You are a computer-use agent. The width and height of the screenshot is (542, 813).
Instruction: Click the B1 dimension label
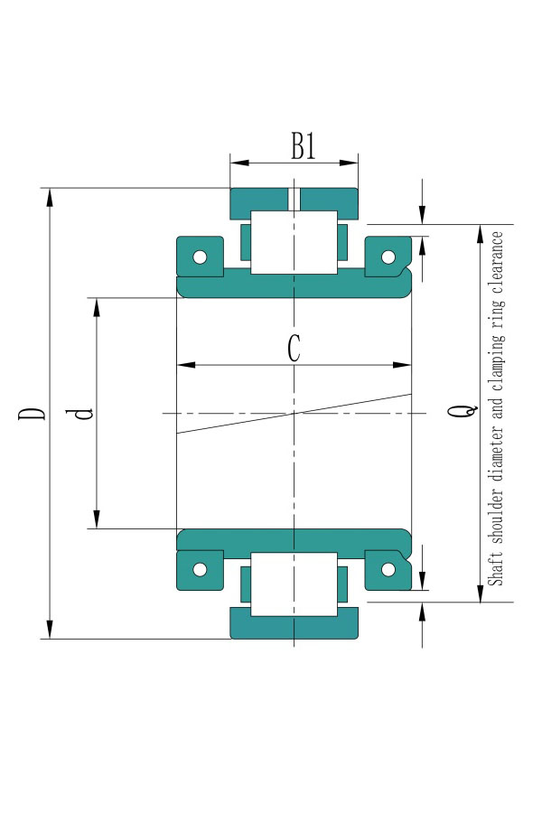click(x=303, y=145)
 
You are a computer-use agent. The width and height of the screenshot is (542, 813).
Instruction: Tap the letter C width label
click(x=294, y=348)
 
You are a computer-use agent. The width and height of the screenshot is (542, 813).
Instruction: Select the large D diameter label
click(x=32, y=413)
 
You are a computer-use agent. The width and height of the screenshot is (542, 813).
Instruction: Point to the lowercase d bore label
click(x=79, y=413)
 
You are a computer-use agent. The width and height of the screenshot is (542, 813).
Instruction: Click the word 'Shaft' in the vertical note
click(x=496, y=570)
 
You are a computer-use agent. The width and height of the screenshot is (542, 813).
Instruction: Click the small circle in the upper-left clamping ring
click(x=200, y=257)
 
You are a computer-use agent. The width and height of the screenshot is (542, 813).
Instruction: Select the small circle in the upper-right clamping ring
click(x=388, y=257)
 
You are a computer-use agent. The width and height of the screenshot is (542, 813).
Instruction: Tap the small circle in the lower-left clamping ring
click(x=200, y=569)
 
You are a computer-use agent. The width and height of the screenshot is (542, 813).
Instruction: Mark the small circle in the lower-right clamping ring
click(x=388, y=569)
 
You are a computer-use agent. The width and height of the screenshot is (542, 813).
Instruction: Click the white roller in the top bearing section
click(x=294, y=242)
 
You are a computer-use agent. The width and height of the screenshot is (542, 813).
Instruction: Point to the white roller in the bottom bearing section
click(x=294, y=584)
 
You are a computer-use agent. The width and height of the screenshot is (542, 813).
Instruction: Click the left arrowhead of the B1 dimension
click(x=239, y=163)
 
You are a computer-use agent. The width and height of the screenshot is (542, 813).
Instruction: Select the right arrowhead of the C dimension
click(x=401, y=365)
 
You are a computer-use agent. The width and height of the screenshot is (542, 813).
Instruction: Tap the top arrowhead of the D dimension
click(x=50, y=198)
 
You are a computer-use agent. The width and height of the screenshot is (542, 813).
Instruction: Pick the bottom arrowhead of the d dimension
click(x=97, y=519)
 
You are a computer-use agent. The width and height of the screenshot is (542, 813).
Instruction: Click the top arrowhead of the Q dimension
click(x=481, y=234)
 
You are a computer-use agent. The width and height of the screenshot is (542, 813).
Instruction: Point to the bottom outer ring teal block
click(x=294, y=623)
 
